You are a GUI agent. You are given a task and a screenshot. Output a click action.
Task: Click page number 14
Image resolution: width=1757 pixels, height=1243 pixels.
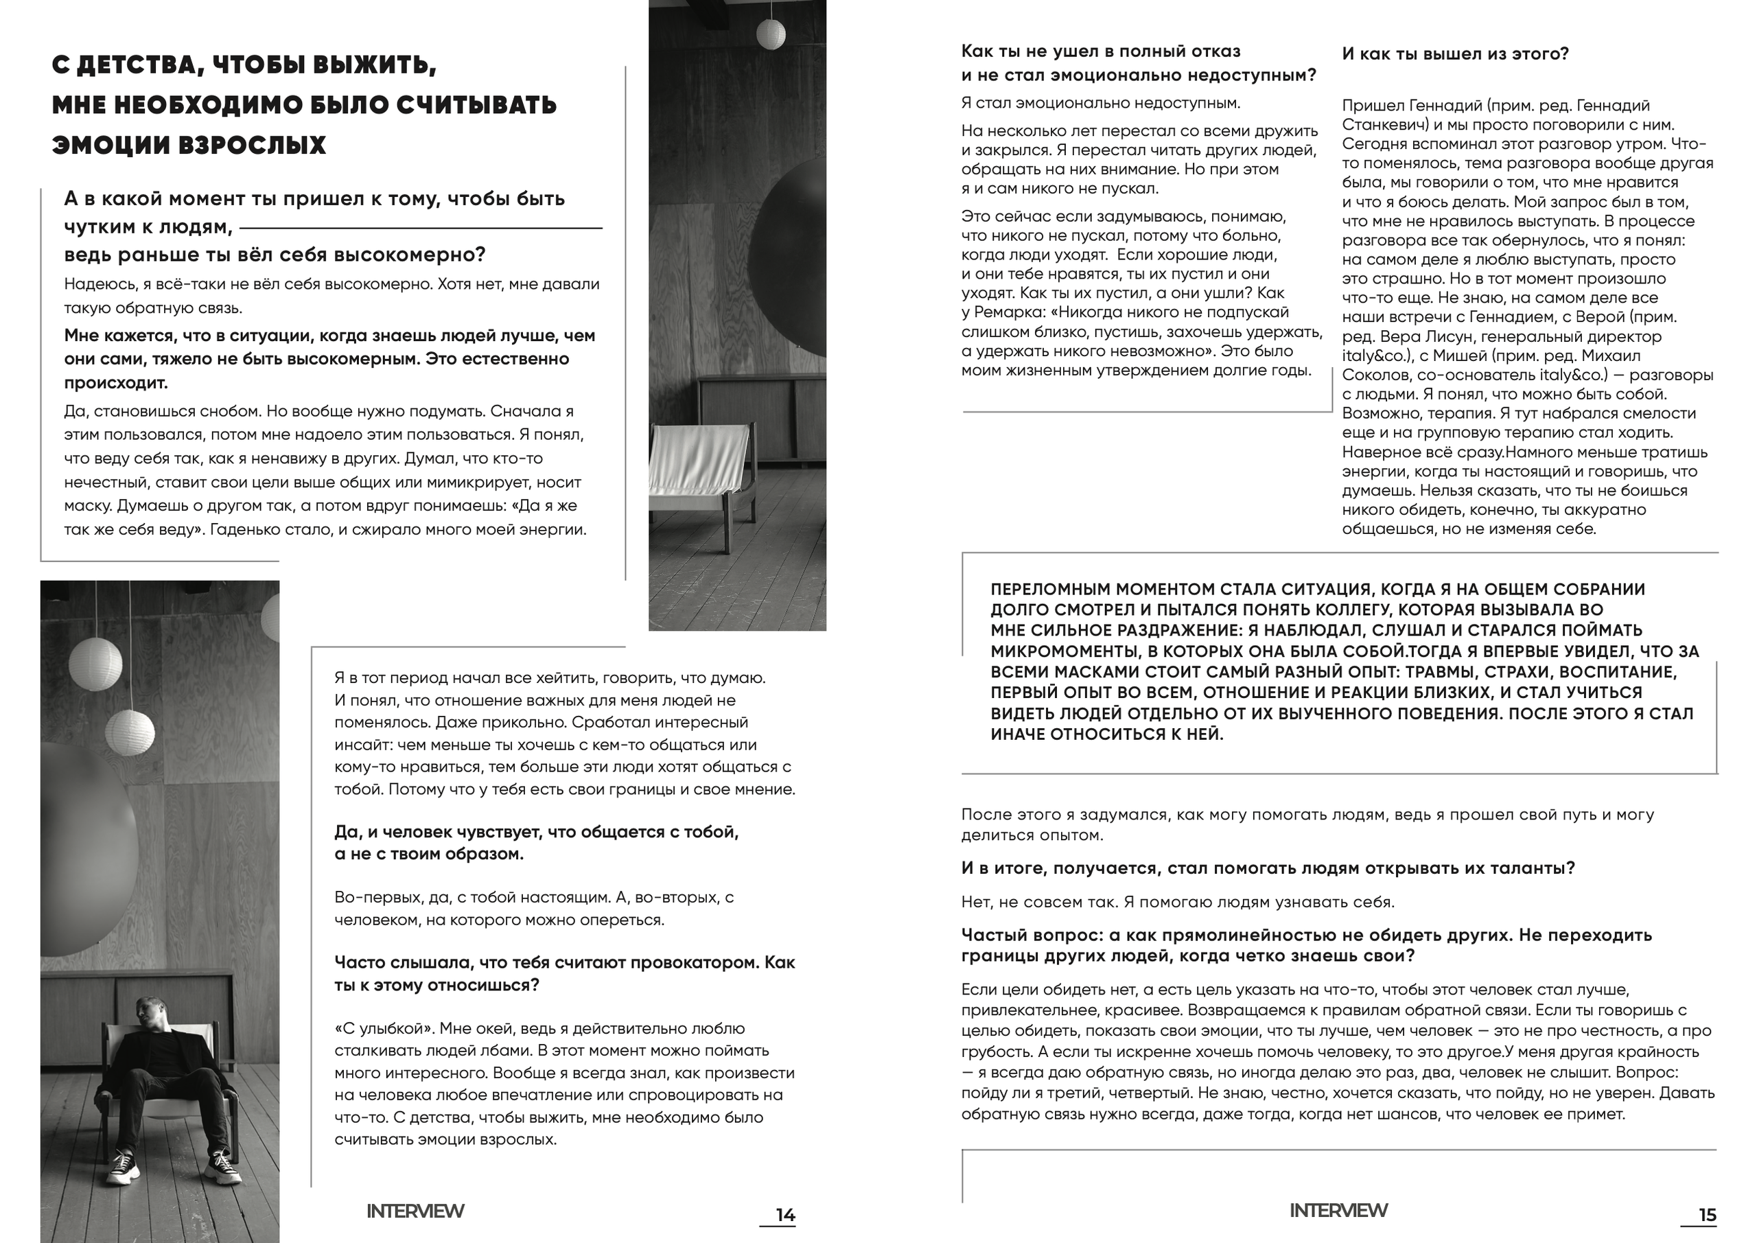coord(785,1215)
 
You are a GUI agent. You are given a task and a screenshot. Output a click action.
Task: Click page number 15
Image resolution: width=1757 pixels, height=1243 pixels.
coord(1708,1215)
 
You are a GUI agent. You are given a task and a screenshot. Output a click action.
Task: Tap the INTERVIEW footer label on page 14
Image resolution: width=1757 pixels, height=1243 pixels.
coord(415,1211)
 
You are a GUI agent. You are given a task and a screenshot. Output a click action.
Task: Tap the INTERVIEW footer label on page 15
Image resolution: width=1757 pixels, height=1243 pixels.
coord(1338,1210)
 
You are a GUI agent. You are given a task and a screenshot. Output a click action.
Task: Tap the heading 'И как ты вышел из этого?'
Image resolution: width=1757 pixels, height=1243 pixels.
coord(1455,54)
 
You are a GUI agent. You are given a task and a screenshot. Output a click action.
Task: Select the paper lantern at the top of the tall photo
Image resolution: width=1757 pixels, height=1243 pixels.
coord(771,34)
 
